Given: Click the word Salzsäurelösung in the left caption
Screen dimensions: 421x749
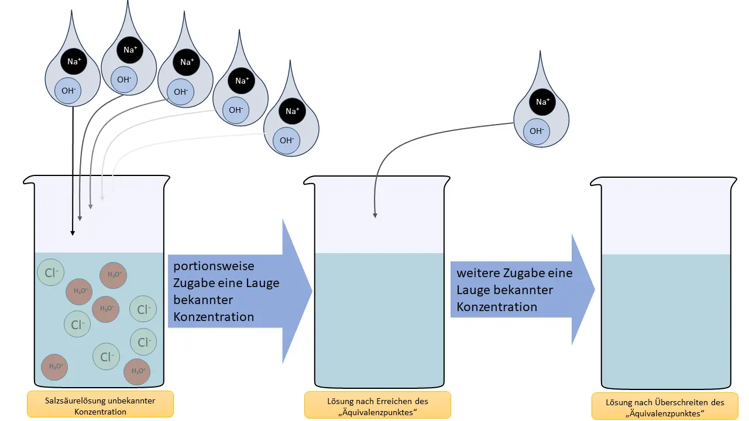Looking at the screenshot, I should click(73, 401).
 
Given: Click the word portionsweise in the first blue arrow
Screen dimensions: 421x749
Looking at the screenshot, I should click(214, 266).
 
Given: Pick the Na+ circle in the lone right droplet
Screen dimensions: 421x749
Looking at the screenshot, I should click(542, 102).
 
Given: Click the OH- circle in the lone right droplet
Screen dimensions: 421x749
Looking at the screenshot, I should click(536, 131).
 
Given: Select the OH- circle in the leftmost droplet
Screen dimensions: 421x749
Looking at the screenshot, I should click(68, 91).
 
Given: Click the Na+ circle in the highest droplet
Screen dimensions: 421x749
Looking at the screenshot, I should click(130, 50).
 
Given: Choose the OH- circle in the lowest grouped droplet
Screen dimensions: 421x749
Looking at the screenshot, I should click(286, 140).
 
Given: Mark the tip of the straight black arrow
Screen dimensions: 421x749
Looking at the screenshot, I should click(73, 234).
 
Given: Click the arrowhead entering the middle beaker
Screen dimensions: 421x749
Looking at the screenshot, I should click(375, 216).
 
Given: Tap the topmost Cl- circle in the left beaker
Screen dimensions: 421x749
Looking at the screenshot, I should click(50, 272).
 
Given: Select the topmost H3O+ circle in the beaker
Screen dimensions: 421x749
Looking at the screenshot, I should click(114, 275).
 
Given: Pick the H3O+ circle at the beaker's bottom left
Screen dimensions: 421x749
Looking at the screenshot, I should click(54, 367).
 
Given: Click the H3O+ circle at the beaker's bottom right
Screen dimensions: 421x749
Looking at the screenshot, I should click(137, 371).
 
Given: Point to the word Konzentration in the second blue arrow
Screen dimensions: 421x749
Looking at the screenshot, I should click(497, 307).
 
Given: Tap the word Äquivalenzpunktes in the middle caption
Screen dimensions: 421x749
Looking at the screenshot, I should click(377, 412).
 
